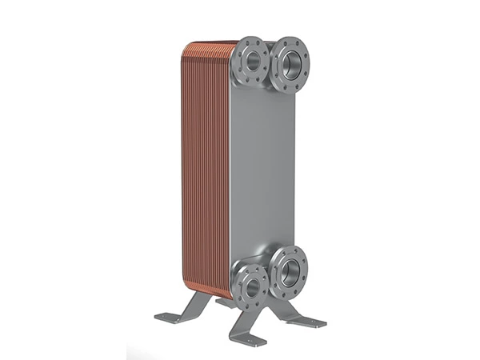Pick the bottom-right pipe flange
pos(289,270)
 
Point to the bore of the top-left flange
pos(252,61)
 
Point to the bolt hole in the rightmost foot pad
pos(313,322)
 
